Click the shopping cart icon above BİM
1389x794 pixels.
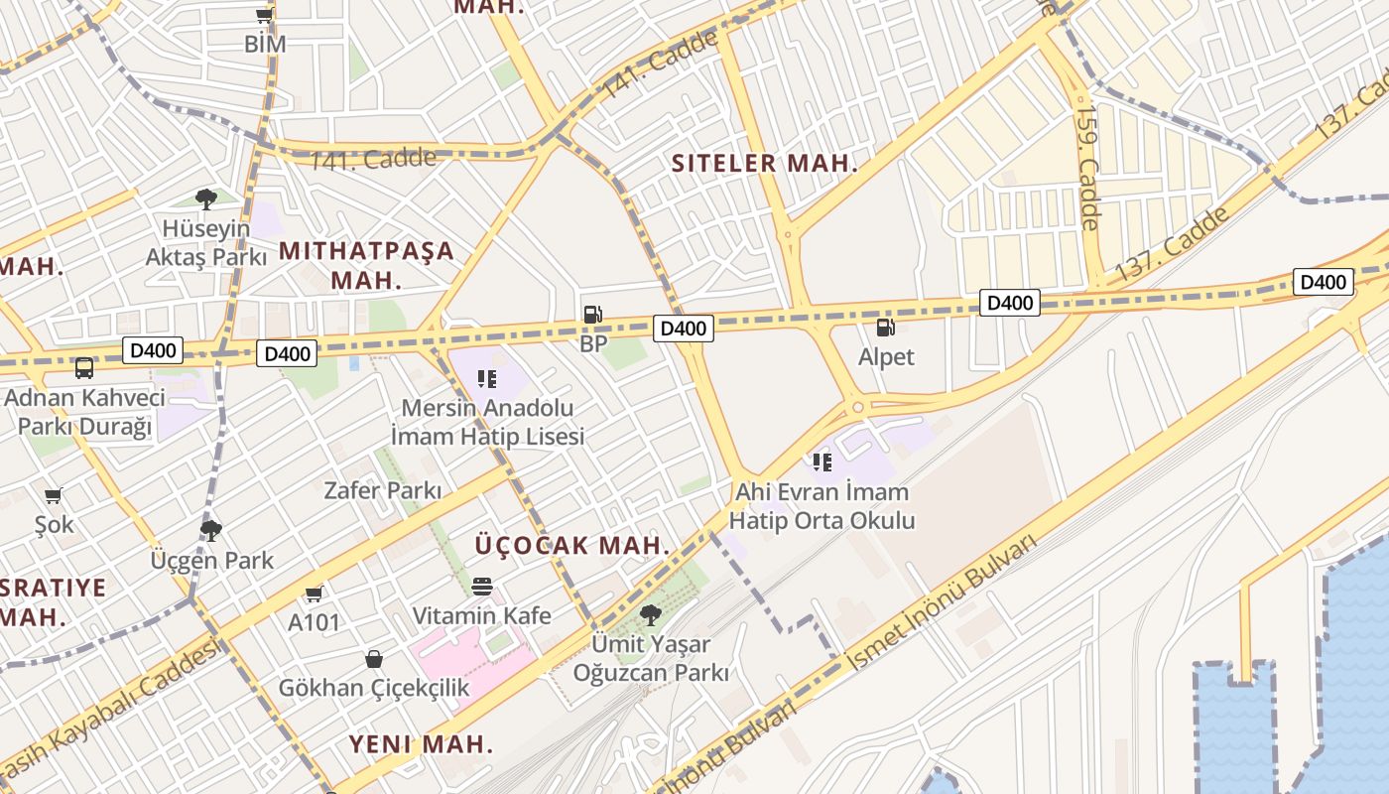click(x=264, y=15)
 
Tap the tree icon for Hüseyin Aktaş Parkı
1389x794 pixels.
click(x=206, y=199)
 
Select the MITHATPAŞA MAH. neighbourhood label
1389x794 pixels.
click(x=366, y=265)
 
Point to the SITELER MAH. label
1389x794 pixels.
click(x=764, y=164)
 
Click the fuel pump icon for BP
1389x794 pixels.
click(x=592, y=315)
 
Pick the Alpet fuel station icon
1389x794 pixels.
click(x=885, y=327)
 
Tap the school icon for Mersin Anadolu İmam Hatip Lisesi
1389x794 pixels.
click(x=487, y=378)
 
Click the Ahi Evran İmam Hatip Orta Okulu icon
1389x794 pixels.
click(x=822, y=462)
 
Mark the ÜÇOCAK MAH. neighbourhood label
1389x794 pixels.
click(x=572, y=545)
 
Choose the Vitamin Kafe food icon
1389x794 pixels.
click(x=482, y=587)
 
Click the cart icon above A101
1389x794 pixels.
click(x=315, y=594)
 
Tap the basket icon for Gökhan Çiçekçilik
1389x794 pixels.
click(x=374, y=658)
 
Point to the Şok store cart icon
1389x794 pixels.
click(x=54, y=494)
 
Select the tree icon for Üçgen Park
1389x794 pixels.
click(x=211, y=530)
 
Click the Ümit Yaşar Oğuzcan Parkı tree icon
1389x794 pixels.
click(x=651, y=614)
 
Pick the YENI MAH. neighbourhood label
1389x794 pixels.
click(x=421, y=743)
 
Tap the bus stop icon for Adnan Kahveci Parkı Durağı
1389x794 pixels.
click(x=84, y=368)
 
